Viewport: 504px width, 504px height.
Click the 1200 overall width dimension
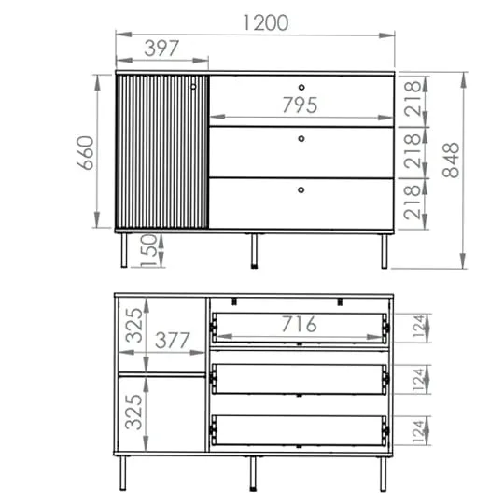point(265,22)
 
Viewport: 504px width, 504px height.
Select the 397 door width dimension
point(161,49)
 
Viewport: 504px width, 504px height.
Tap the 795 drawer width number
point(300,105)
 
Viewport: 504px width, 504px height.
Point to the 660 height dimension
point(86,153)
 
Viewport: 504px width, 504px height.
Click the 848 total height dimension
point(451,161)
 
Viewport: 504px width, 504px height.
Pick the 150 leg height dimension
point(148,251)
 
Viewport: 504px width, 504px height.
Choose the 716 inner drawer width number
point(300,324)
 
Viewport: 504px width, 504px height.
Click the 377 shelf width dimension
point(173,341)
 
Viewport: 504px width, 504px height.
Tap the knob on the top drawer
point(301,87)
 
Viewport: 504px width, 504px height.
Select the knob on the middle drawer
point(301,138)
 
